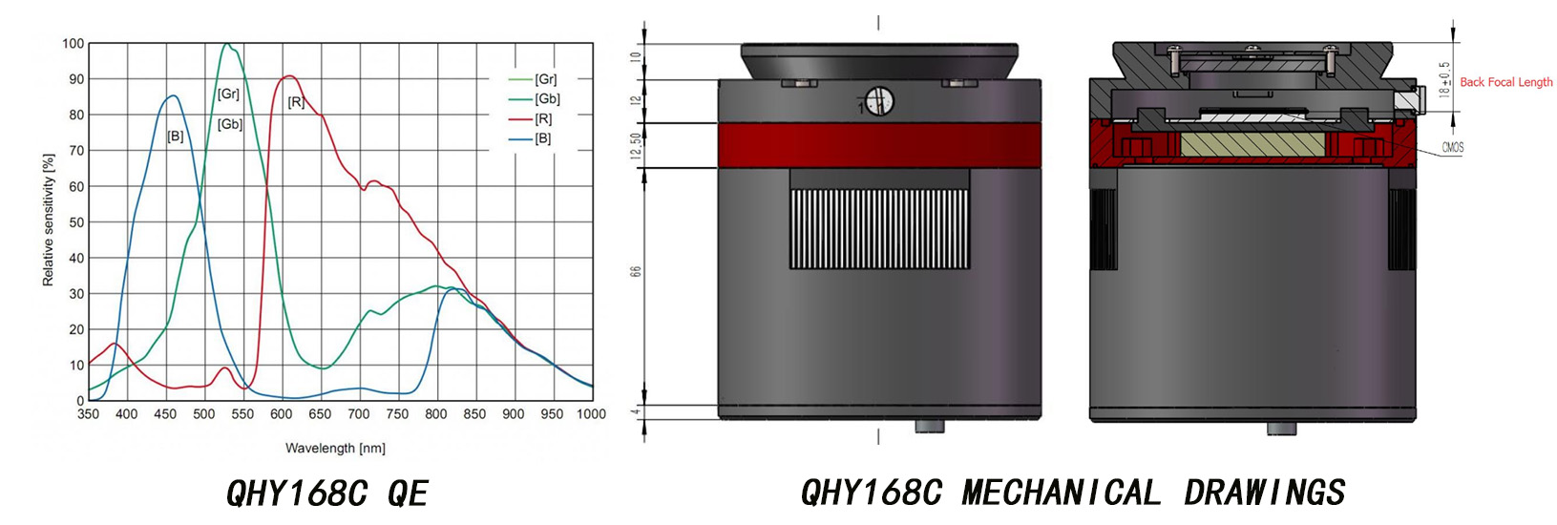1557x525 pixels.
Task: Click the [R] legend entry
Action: tap(543, 119)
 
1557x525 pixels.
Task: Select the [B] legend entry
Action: tap(542, 139)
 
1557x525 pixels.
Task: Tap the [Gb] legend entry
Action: tap(547, 99)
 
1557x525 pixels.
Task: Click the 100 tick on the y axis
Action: tap(73, 44)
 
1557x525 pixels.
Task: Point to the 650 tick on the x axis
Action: tap(320, 414)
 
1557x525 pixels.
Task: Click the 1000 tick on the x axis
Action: tap(591, 414)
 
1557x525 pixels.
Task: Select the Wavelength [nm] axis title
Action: tap(335, 448)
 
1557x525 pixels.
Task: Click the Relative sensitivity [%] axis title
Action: tap(48, 219)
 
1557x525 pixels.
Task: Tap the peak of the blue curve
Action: tap(172, 95)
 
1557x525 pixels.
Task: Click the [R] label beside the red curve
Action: tap(296, 102)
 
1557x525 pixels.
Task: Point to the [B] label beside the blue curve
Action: tap(176, 136)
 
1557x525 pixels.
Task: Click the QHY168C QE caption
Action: tap(326, 493)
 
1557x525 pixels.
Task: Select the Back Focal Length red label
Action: tap(1505, 82)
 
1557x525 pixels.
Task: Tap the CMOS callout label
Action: tap(1452, 148)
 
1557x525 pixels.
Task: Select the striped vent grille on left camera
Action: tap(879, 228)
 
